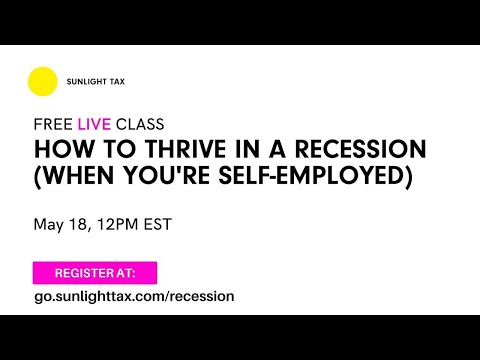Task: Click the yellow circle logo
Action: click(x=43, y=81)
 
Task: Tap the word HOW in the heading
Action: click(x=56, y=150)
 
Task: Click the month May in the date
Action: click(x=50, y=224)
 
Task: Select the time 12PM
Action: click(x=120, y=224)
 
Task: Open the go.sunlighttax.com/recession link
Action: click(x=133, y=296)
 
